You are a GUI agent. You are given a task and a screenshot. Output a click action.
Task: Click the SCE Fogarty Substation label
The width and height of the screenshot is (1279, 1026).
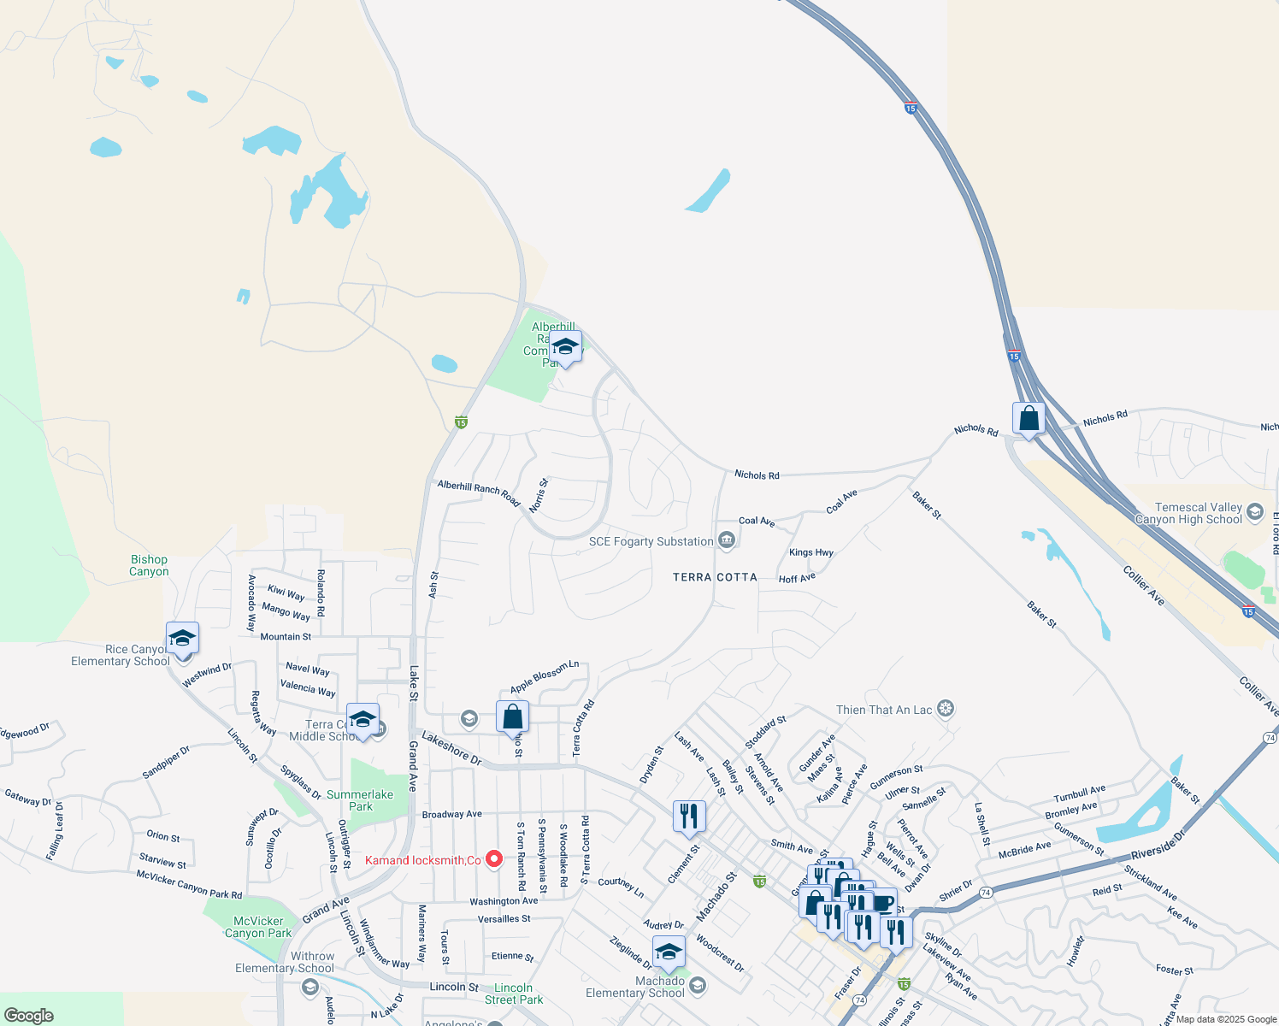tap(651, 541)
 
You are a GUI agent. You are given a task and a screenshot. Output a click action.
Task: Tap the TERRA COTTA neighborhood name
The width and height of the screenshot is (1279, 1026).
tap(715, 577)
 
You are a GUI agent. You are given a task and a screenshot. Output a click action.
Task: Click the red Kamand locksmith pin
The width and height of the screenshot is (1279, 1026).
tap(493, 859)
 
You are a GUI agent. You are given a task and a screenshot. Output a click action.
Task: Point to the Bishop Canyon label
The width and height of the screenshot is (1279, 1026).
tap(149, 566)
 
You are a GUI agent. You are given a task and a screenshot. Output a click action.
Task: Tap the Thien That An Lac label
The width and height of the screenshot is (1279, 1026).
tap(884, 710)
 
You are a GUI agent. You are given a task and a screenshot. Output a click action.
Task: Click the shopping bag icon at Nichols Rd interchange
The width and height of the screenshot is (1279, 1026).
tap(1029, 419)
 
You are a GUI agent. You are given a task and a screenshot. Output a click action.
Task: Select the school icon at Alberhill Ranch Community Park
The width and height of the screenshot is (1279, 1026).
tap(565, 347)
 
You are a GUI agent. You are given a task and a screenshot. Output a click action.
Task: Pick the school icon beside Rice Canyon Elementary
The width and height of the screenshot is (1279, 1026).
tap(182, 639)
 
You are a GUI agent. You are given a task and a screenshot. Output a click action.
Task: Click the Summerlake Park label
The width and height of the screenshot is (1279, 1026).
tap(360, 800)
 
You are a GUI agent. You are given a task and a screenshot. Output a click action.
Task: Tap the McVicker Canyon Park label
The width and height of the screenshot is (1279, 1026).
tap(258, 927)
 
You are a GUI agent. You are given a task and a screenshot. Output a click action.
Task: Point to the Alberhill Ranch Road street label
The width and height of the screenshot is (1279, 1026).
tap(479, 492)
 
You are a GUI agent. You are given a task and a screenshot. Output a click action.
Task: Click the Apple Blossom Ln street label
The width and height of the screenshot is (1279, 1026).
tap(545, 676)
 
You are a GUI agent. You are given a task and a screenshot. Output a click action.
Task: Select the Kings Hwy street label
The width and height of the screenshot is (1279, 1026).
tap(810, 552)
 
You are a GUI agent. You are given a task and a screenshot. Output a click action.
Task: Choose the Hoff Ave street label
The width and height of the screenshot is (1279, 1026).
tap(797, 579)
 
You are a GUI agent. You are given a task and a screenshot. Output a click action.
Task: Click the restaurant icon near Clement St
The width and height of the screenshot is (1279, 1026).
tap(689, 817)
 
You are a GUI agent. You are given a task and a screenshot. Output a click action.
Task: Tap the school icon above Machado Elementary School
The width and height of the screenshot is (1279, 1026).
tap(669, 952)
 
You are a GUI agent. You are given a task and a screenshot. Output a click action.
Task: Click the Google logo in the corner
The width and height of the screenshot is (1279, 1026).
tap(29, 1015)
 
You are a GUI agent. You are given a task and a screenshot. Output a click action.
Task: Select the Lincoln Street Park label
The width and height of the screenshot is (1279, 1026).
tap(513, 994)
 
